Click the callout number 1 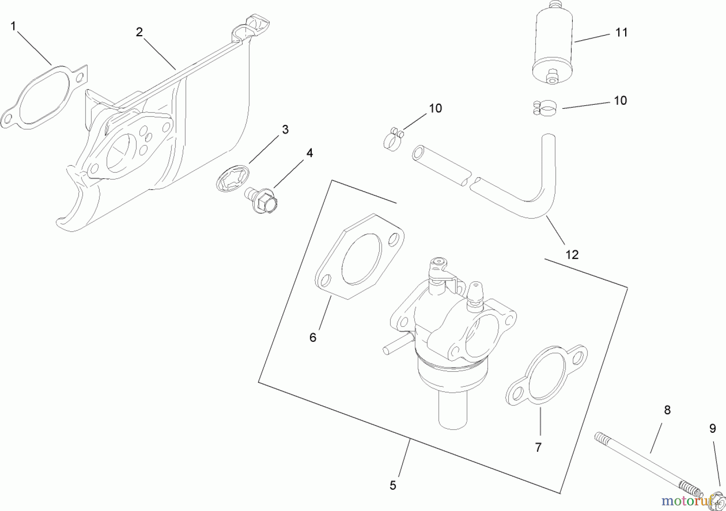coord(13,27)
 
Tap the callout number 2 coord(139,32)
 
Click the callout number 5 coord(393,486)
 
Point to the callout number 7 coord(538,447)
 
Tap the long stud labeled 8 coord(645,463)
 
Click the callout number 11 coord(621,32)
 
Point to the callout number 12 coord(572,255)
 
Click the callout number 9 coord(712,429)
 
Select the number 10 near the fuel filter coord(620,100)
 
